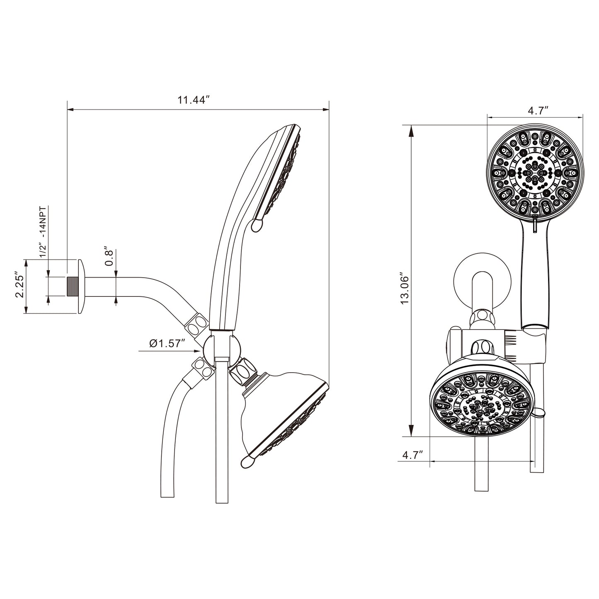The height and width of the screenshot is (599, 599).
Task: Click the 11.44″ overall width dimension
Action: (194, 100)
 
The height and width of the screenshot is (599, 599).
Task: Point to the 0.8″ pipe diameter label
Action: (109, 257)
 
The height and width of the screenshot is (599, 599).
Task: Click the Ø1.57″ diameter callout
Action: (167, 344)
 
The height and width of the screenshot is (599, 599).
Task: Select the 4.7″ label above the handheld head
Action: (538, 111)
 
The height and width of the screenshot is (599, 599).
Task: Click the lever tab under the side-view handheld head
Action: (257, 225)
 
